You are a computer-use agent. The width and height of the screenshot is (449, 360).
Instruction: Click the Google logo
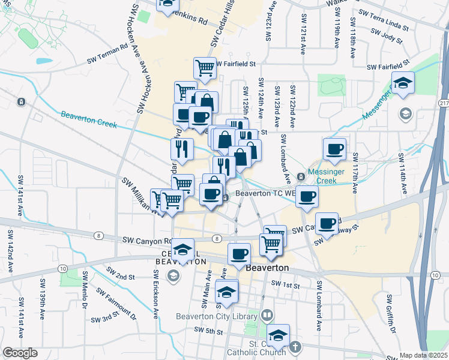coord(19,352)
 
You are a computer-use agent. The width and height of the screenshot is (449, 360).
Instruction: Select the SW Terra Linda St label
coord(382,20)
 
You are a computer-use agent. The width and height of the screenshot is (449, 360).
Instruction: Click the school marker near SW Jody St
coord(403,83)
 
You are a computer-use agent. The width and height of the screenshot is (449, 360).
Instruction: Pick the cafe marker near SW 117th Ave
coord(334,149)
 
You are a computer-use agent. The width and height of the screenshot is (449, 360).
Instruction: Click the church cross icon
coord(295,347)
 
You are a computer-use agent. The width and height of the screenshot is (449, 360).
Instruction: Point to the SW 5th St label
coord(208,331)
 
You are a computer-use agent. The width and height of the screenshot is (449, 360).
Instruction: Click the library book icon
coord(267,316)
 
